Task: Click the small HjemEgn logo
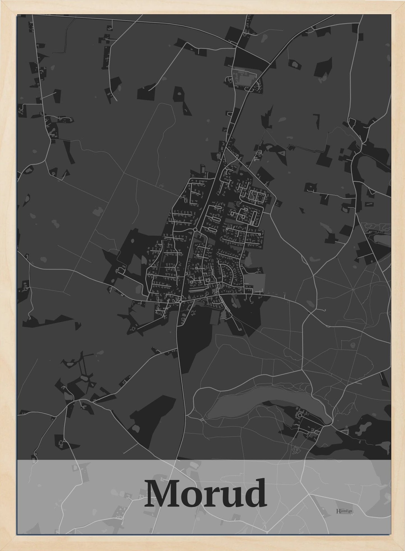pyautogui.click(x=344, y=511)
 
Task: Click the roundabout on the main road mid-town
pyautogui.click(x=195, y=230)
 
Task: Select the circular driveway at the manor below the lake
pyautogui.click(x=300, y=415)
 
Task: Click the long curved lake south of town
pyautogui.click(x=266, y=398)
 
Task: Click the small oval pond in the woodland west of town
pyautogui.click(x=113, y=280)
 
